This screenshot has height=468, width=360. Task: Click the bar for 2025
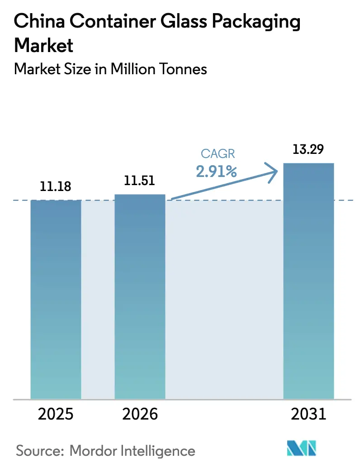(56, 299)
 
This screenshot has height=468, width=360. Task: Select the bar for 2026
(140, 296)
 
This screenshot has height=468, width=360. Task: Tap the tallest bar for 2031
(308, 281)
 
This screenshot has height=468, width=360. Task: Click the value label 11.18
(56, 186)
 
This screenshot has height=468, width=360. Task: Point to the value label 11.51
(140, 181)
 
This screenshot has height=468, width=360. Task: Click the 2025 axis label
(56, 414)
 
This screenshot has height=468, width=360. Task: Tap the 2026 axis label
(140, 414)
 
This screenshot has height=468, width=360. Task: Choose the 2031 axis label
(308, 414)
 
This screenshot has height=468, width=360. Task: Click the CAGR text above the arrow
(218, 154)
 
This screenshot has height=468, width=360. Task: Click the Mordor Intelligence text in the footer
(133, 451)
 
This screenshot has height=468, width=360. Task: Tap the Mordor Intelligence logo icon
(300, 449)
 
